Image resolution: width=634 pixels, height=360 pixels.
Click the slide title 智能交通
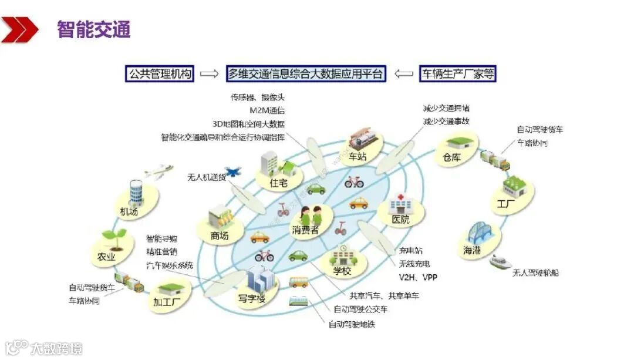pyautogui.click(x=93, y=29)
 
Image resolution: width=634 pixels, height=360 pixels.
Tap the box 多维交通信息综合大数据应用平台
pyautogui.click(x=306, y=74)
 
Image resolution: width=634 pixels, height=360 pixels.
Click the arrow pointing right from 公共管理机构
pyautogui.click(x=210, y=74)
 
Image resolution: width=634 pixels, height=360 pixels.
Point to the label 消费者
pyautogui.click(x=305, y=230)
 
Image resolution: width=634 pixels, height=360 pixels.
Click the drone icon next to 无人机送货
pyautogui.click(x=232, y=172)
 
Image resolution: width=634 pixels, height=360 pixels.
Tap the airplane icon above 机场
pyautogui.click(x=157, y=172)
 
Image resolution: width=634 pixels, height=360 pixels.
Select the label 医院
pyautogui.click(x=400, y=220)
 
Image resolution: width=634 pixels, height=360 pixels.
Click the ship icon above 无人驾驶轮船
pyautogui.click(x=504, y=260)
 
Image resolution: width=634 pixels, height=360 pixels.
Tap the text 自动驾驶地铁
pyautogui.click(x=351, y=324)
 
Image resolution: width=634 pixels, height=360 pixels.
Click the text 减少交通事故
pyautogui.click(x=446, y=122)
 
